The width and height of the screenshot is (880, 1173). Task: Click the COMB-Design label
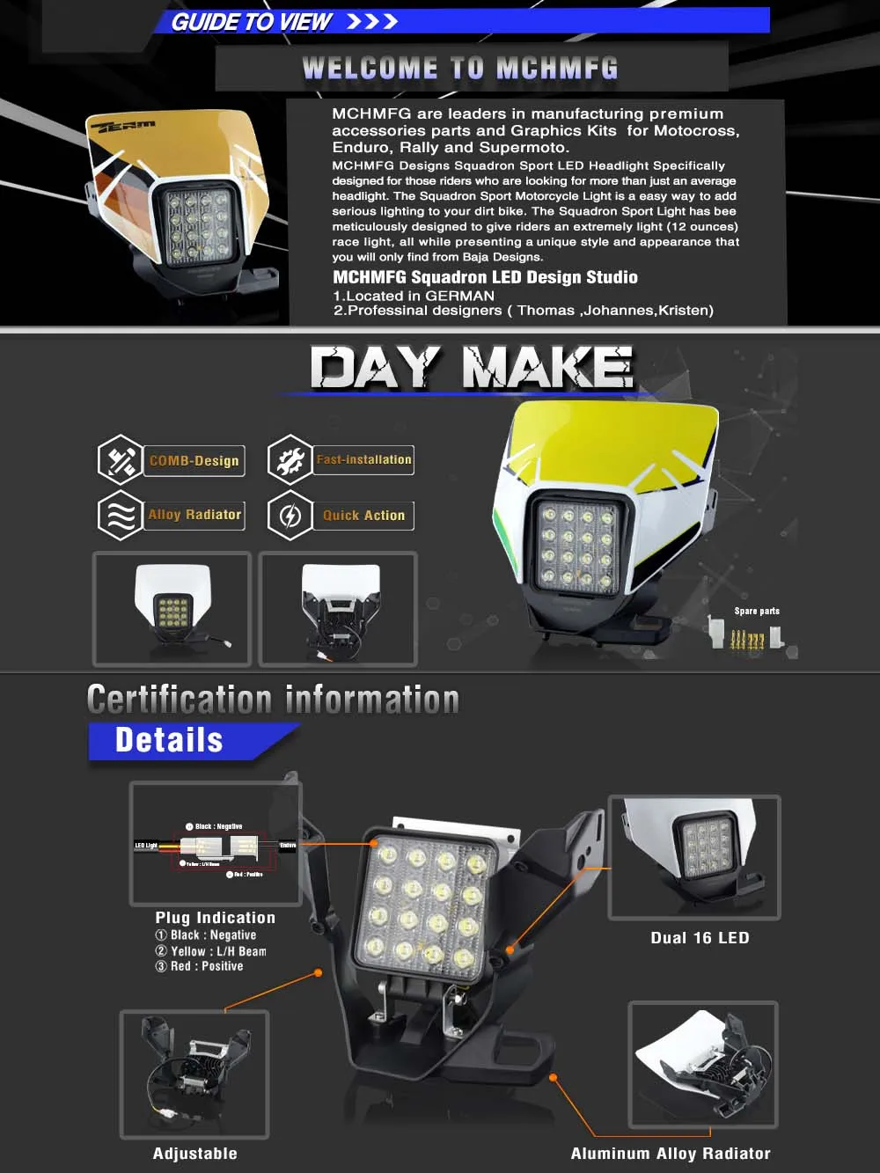[x=194, y=460]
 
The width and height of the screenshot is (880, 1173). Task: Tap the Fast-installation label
[x=363, y=459]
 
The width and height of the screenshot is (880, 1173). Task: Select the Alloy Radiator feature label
[x=194, y=515]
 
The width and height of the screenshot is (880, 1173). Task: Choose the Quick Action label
[x=363, y=516]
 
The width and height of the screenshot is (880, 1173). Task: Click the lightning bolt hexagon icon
[x=290, y=516]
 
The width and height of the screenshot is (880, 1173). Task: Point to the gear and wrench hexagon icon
[x=290, y=459]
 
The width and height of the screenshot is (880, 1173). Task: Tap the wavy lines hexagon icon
[x=120, y=515]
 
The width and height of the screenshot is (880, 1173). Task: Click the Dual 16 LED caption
[x=700, y=938]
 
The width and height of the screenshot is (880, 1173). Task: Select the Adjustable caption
[x=194, y=1154]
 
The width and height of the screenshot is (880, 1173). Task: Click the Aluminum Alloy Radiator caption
[x=671, y=1154]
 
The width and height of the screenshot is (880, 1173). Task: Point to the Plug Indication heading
[x=216, y=918]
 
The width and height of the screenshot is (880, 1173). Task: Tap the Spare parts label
[x=757, y=611]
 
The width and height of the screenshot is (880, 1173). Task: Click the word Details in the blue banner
[x=169, y=741]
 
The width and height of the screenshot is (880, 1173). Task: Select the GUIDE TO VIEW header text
[x=251, y=22]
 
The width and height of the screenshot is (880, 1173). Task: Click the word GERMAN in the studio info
[x=459, y=297]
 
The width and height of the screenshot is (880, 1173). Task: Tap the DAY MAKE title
[x=472, y=368]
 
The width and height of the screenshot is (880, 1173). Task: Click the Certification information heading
[x=273, y=700]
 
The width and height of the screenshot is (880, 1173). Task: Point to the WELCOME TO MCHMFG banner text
[x=460, y=69]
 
